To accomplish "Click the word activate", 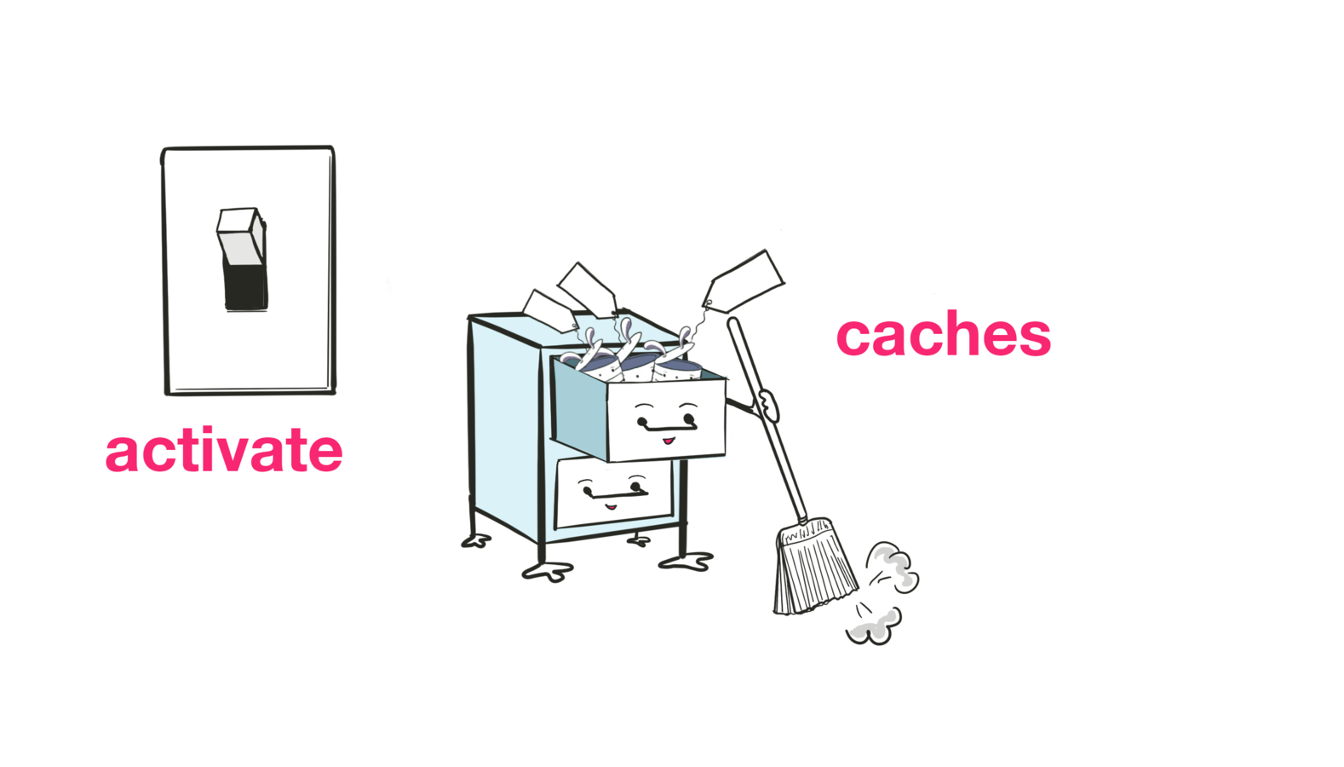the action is coord(224,450).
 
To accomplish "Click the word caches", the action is coord(943,334).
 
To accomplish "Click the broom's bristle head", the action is coord(813,567).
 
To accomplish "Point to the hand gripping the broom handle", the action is coord(767,404).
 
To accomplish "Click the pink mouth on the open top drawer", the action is coord(669,441).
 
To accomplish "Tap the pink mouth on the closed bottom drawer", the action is coord(611,507).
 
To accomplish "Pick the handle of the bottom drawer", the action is coord(612,493).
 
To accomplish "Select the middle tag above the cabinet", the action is coord(587,288).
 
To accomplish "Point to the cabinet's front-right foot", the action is coord(686,562).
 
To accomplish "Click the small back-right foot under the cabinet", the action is coord(638,539).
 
